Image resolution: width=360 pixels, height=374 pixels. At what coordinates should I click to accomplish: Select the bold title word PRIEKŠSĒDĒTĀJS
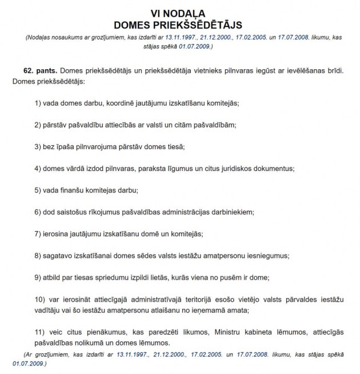[x=211, y=25]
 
